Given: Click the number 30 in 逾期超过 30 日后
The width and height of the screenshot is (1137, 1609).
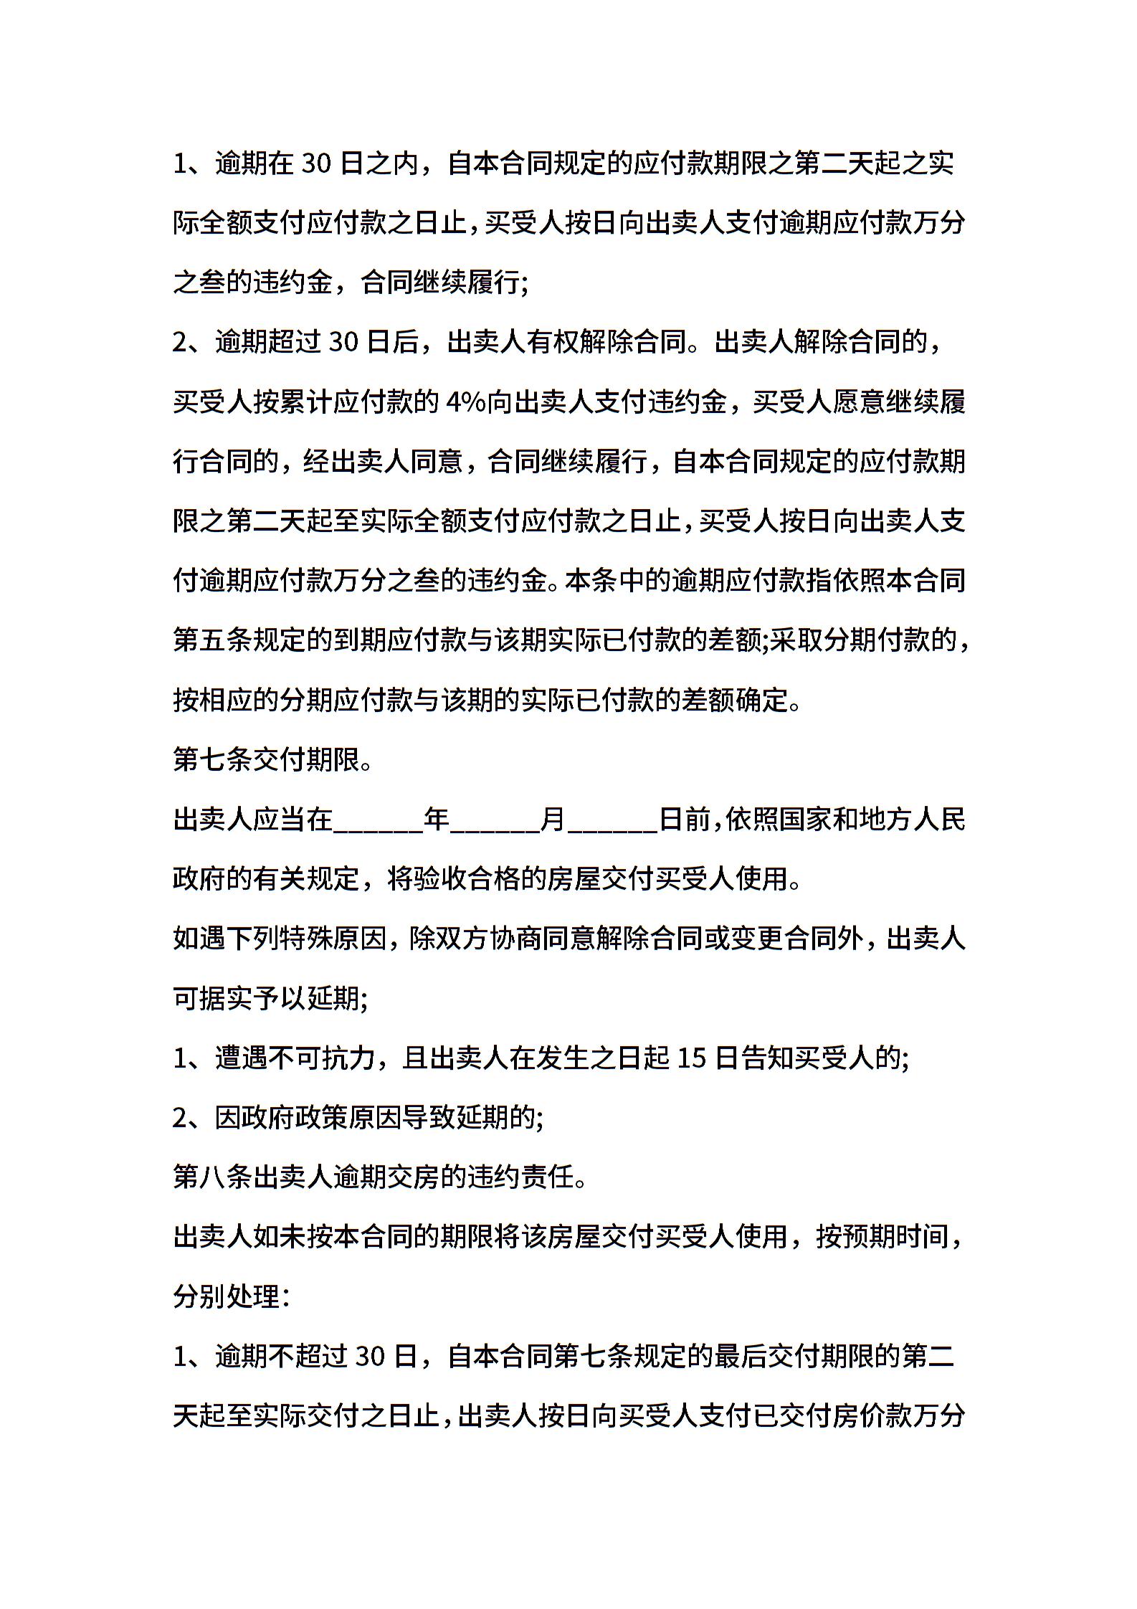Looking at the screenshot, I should coord(343,343).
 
